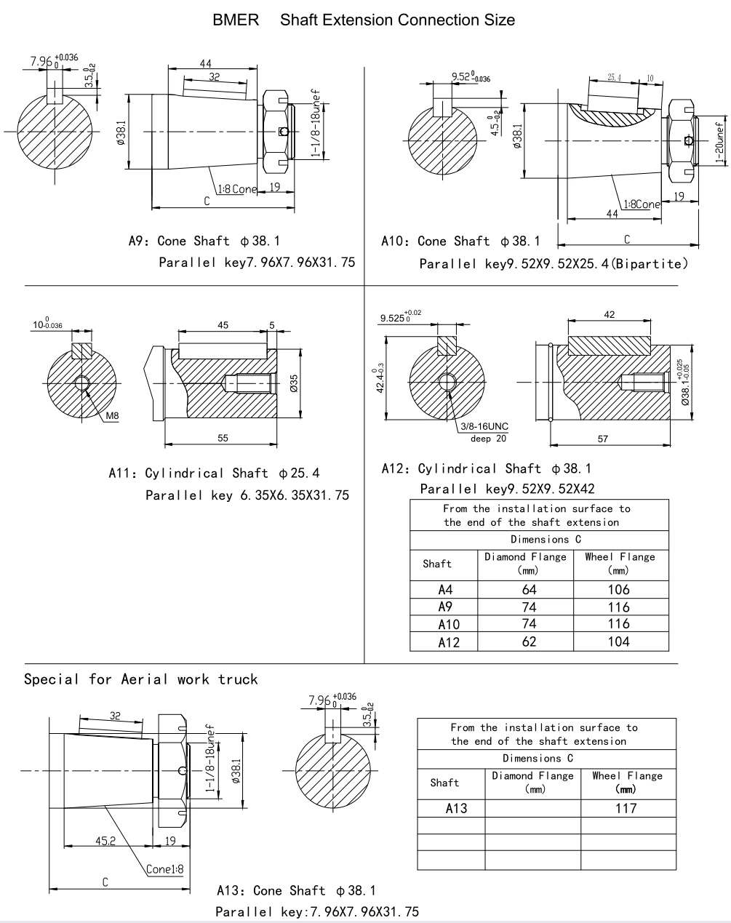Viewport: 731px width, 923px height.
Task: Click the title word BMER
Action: coord(235,20)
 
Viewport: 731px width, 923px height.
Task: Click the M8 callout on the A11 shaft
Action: coord(112,415)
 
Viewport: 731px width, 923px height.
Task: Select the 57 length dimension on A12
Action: coord(602,439)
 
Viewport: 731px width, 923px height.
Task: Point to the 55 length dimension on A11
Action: coord(223,438)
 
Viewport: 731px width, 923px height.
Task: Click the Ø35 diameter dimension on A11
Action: coord(294,383)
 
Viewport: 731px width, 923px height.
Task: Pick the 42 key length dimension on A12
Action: coord(610,314)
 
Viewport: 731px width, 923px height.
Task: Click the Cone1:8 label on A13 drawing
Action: coord(164,868)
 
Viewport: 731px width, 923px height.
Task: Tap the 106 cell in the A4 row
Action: coord(620,590)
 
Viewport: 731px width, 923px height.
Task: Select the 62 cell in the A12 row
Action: coord(529,642)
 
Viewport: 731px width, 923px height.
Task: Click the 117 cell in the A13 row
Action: coord(626,807)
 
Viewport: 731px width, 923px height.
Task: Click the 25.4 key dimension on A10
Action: coord(615,77)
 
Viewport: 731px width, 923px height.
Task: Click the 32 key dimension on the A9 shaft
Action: coord(213,76)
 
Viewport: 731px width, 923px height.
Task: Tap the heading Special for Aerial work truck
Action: coord(141,679)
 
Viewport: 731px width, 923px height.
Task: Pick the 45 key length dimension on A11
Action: coord(223,325)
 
